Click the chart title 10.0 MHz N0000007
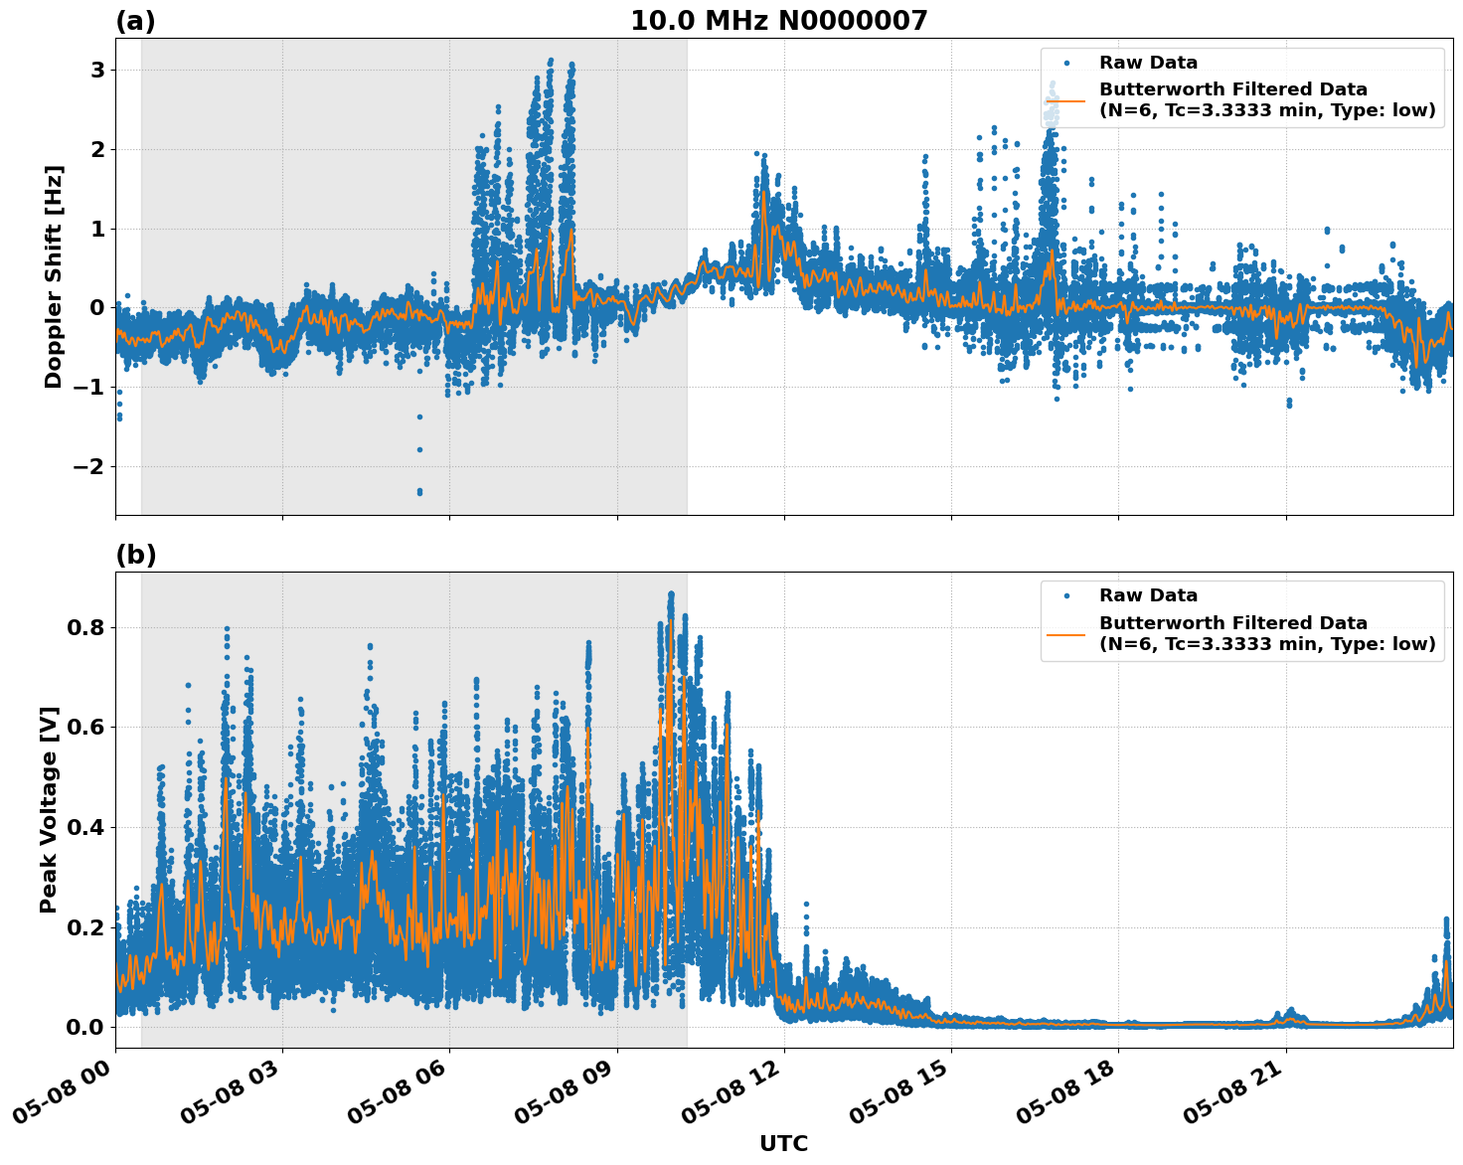click(x=778, y=21)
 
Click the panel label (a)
click(x=135, y=21)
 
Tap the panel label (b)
click(x=135, y=555)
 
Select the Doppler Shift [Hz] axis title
click(x=54, y=276)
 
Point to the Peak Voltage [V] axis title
click(x=49, y=809)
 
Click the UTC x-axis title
click(x=783, y=1143)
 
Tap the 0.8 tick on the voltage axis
click(x=86, y=628)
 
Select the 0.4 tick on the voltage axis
click(x=86, y=827)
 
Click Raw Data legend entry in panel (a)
click(x=1148, y=63)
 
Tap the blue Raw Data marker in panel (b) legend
click(x=1066, y=595)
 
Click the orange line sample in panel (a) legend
click(x=1066, y=99)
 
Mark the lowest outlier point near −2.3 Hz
click(x=419, y=491)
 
